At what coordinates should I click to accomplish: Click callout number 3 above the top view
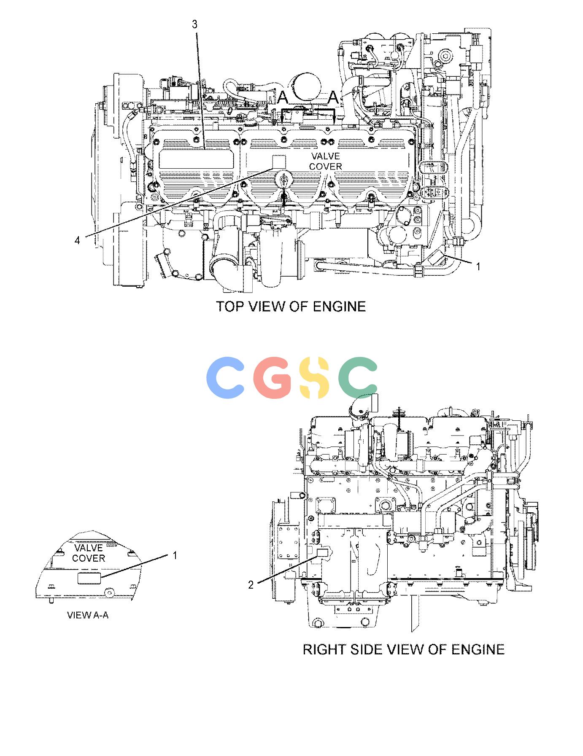pyautogui.click(x=194, y=25)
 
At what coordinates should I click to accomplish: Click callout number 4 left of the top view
pyautogui.click(x=77, y=240)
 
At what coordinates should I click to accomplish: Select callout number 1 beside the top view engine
pyautogui.click(x=478, y=266)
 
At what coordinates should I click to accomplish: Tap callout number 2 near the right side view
pyautogui.click(x=251, y=585)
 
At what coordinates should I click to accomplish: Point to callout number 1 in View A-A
pyautogui.click(x=175, y=556)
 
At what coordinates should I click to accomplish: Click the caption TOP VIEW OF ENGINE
pyautogui.click(x=291, y=306)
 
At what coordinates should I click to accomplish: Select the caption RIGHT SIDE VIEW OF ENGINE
pyautogui.click(x=404, y=649)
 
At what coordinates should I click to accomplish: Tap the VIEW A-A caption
pyautogui.click(x=88, y=615)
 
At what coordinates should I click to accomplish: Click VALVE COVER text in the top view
pyautogui.click(x=326, y=161)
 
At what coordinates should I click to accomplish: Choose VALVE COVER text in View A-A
pyautogui.click(x=89, y=553)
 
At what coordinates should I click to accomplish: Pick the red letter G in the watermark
pyautogui.click(x=273, y=377)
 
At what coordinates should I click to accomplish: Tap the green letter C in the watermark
pyautogui.click(x=359, y=377)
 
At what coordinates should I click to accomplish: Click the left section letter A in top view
pyautogui.click(x=282, y=98)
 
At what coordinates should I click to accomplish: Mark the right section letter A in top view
pyautogui.click(x=333, y=98)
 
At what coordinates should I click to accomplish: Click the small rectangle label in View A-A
pyautogui.click(x=89, y=578)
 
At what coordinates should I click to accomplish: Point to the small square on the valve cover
pyautogui.click(x=278, y=161)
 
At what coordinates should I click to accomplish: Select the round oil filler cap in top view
pyautogui.click(x=283, y=179)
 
